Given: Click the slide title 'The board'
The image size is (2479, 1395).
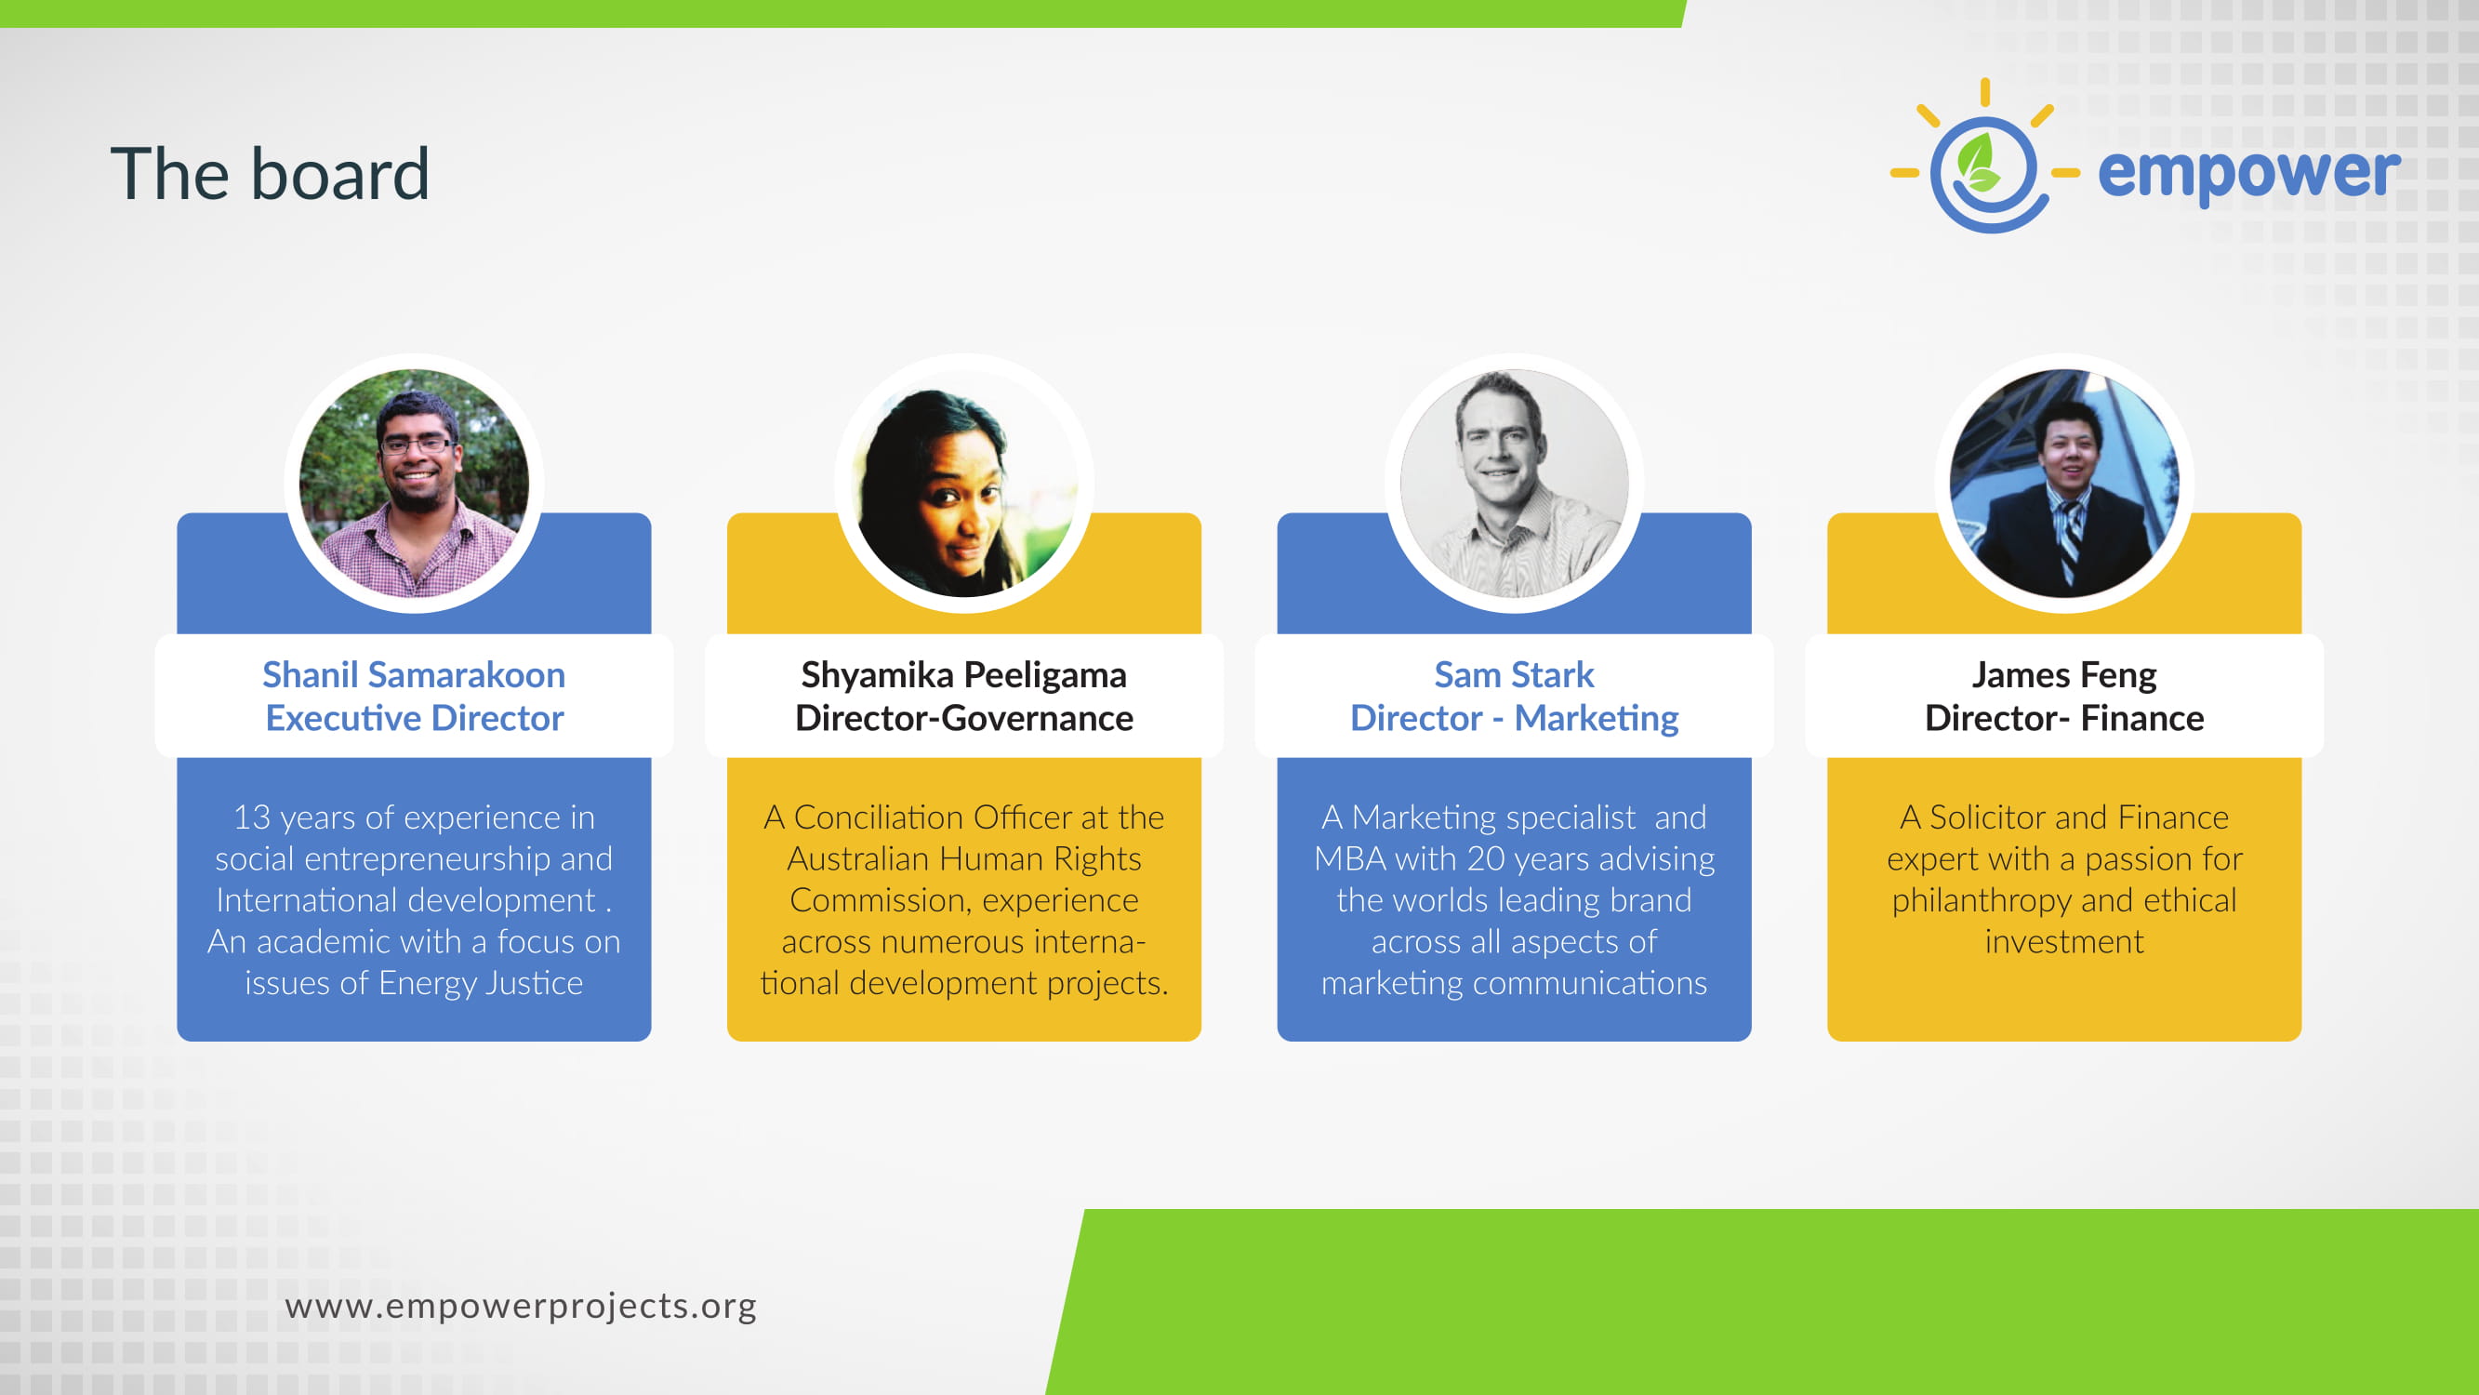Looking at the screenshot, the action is pos(270,174).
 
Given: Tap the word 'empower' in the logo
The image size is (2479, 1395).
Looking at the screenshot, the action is pos(2249,174).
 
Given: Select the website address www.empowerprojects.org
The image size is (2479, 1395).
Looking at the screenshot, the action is pos(521,1307).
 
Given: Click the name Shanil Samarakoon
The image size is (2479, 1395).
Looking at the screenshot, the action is pos(414,675).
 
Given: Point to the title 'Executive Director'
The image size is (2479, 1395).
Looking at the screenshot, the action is pos(414,718).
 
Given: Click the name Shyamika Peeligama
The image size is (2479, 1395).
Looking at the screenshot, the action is pos(964,676).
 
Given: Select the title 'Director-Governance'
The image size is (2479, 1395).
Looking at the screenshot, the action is pos(964,718).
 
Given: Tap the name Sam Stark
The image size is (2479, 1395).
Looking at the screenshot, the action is pos(1514,675).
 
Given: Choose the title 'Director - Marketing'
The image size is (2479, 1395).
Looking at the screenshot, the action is pos(1514,719).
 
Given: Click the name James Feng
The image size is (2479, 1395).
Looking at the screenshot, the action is pos(2064,676).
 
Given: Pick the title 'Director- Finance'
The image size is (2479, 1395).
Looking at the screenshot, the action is pos(2064,718).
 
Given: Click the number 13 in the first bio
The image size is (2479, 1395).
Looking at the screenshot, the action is pos(251,817).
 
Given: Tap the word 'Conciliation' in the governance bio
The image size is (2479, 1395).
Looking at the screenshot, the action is pos(879,817).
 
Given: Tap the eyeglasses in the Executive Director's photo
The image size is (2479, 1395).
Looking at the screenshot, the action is pos(416,445).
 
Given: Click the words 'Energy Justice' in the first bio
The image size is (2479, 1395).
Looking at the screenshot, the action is pos(480,984).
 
